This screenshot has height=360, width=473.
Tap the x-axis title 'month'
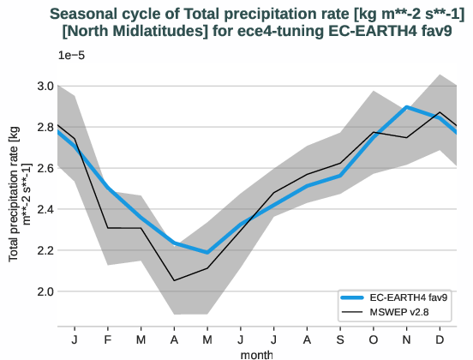coord(258,352)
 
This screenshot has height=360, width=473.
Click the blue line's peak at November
coord(407,107)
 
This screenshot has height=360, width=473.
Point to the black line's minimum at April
coord(175,280)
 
